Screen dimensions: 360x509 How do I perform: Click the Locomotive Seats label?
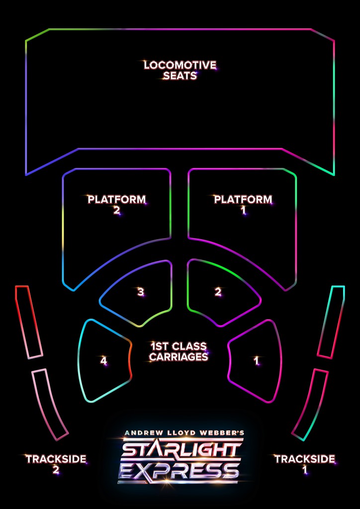pyautogui.click(x=180, y=71)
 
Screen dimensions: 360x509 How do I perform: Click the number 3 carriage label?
pyautogui.click(x=141, y=292)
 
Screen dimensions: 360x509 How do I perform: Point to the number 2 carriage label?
pyautogui.click(x=218, y=292)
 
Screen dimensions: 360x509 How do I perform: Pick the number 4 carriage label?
pyautogui.click(x=103, y=361)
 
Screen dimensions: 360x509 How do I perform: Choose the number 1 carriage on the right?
pyautogui.click(x=257, y=361)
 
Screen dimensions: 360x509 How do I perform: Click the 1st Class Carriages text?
pyautogui.click(x=179, y=351)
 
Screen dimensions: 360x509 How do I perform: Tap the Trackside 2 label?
pyautogui.click(x=56, y=464)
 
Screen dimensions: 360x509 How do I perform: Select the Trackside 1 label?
pyautogui.click(x=304, y=464)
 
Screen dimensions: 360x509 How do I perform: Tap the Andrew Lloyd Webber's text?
pyautogui.click(x=184, y=433)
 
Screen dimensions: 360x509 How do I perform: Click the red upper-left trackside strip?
pyautogui.click(x=29, y=322)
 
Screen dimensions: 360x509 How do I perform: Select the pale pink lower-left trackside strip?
pyautogui.click(x=50, y=405)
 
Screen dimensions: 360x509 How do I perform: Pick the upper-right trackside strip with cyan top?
pyautogui.click(x=331, y=322)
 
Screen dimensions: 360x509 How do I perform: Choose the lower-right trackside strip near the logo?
pyautogui.click(x=310, y=405)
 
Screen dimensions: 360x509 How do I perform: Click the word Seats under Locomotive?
pyautogui.click(x=180, y=76)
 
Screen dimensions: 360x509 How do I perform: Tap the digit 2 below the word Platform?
pyautogui.click(x=117, y=211)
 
